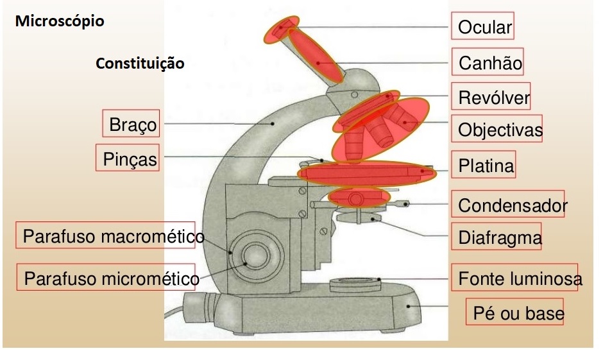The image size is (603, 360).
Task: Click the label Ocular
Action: tap(484, 27)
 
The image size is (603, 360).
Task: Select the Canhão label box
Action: tap(490, 64)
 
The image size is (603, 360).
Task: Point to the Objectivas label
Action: tap(500, 131)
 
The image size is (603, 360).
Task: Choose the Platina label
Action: tap(486, 166)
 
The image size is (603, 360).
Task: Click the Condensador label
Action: tap(512, 205)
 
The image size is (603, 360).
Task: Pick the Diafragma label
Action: tap(499, 239)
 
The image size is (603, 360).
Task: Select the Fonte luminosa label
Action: tap(520, 279)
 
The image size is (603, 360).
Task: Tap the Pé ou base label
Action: tap(518, 313)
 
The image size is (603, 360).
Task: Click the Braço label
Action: tap(132, 124)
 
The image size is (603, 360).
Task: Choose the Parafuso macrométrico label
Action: tap(109, 237)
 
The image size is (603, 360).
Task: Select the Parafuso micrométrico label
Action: tap(110, 279)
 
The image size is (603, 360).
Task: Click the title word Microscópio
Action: tap(60, 21)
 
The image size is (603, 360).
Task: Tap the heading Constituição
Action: tap(140, 64)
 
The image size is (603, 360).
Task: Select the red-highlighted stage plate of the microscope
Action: tap(366, 172)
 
